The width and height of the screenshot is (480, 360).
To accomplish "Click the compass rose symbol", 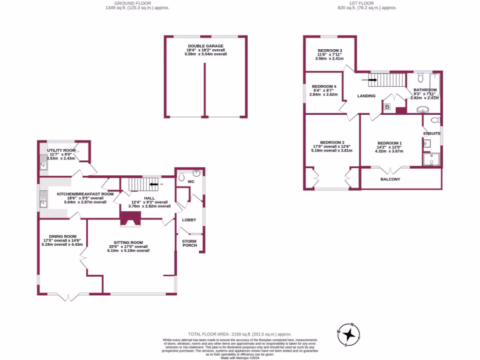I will tap(349, 334).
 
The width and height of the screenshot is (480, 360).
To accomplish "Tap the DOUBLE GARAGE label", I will tap(205, 46).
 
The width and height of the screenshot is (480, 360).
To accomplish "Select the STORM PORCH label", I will tap(189, 243).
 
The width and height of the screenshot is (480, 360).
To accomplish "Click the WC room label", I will tap(191, 181).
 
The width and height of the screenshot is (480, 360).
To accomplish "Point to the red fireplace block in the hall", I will tap(131, 218).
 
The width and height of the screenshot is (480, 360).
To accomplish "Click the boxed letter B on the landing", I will tap(387, 107).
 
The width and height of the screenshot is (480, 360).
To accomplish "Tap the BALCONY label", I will tap(390, 179).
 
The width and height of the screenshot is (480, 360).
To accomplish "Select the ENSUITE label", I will tap(432, 134).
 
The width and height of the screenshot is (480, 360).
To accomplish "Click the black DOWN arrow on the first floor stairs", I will tap(372, 80).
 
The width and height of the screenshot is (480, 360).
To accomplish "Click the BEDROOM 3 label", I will tap(330, 51).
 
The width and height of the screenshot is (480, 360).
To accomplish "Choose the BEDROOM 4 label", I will tap(324, 87).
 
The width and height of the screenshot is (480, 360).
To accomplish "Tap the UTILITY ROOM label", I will tap(64, 150).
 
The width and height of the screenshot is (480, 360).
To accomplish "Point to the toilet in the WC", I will tap(181, 177).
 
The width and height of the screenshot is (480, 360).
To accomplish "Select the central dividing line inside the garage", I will tap(205, 89).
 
